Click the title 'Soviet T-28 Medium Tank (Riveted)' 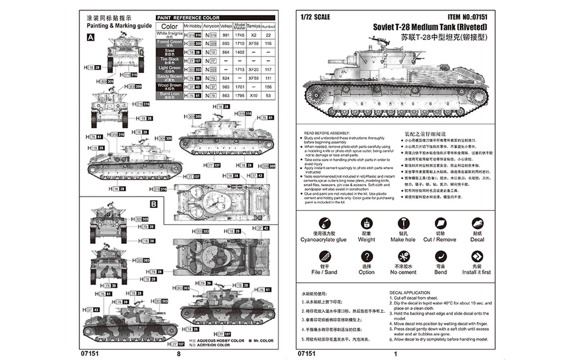(x=430, y=27)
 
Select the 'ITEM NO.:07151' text (x=467, y=17)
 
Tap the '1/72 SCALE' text (x=315, y=17)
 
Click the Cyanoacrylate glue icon (x=324, y=224)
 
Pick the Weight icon (x=366, y=224)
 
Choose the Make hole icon (x=403, y=224)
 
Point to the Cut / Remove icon (x=440, y=224)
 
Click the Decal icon (x=477, y=224)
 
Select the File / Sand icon (x=324, y=256)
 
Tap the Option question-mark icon (x=366, y=256)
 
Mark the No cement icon (x=403, y=256)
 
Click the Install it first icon (x=477, y=256)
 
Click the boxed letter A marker (x=91, y=37)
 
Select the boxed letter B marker (x=154, y=204)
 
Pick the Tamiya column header (x=254, y=26)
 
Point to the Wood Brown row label (x=169, y=86)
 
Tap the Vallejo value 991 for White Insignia (x=226, y=35)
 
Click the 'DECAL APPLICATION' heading (x=410, y=293)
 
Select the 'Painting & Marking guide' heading (x=119, y=26)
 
